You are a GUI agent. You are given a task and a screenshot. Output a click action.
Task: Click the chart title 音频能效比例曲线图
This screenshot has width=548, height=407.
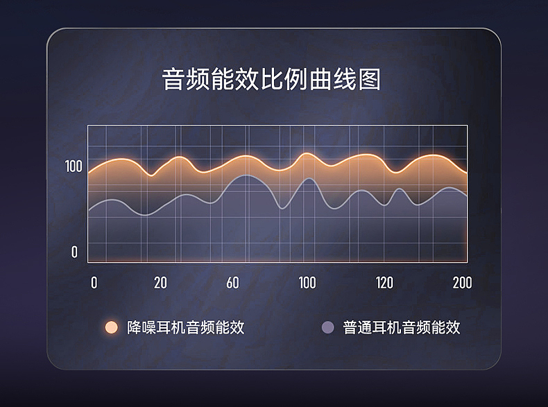point(272,79)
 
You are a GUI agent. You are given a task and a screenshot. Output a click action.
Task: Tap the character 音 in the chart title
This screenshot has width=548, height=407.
point(174,79)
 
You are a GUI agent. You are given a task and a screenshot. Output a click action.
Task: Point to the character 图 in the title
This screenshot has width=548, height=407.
point(369,79)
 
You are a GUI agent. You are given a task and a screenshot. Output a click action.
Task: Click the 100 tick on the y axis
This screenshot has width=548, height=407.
point(74,166)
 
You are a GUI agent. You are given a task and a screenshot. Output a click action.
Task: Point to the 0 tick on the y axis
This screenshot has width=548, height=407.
point(74,252)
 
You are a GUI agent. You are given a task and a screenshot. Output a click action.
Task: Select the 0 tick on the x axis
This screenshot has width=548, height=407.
point(94,283)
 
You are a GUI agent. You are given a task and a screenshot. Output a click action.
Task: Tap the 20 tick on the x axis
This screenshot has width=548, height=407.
point(160,283)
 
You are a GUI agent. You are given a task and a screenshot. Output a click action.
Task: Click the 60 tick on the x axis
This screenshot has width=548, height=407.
point(232,283)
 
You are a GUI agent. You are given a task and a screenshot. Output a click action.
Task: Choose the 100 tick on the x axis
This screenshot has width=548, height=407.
point(307,283)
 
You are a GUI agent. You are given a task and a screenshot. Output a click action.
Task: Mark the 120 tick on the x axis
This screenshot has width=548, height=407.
point(384,283)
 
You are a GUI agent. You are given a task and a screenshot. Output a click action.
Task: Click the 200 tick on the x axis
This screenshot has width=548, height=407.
point(462,283)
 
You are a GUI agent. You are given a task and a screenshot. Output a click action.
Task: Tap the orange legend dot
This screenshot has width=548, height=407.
point(110,327)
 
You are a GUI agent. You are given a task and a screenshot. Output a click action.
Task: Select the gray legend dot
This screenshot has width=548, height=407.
point(328,327)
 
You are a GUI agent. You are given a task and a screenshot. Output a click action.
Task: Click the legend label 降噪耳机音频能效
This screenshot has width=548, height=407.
point(186,327)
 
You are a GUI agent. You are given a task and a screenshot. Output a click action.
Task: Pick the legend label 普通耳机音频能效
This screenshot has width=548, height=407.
point(402,327)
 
